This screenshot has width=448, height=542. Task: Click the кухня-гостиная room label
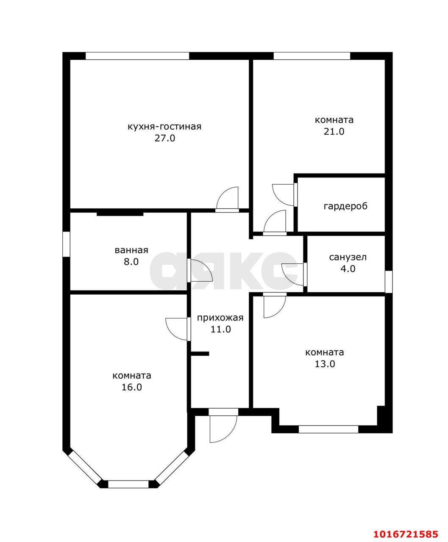pyautogui.click(x=164, y=127)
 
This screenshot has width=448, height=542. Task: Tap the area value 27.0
pyautogui.click(x=165, y=138)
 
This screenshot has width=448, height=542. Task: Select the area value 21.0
pyautogui.click(x=334, y=132)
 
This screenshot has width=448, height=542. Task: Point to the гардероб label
pyautogui.click(x=345, y=206)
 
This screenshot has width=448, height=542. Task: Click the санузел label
pyautogui.click(x=348, y=257)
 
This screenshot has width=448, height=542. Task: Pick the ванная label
pyautogui.click(x=131, y=250)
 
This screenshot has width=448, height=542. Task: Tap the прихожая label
pyautogui.click(x=220, y=318)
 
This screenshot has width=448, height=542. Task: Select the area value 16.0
pyautogui.click(x=132, y=387)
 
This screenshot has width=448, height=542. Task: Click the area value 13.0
pyautogui.click(x=325, y=364)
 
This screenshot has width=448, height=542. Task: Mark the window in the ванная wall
pyautogui.click(x=66, y=244)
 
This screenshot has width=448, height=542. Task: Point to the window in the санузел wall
pyautogui.click(x=389, y=282)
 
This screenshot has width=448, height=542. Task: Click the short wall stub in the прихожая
pyautogui.click(x=200, y=354)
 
